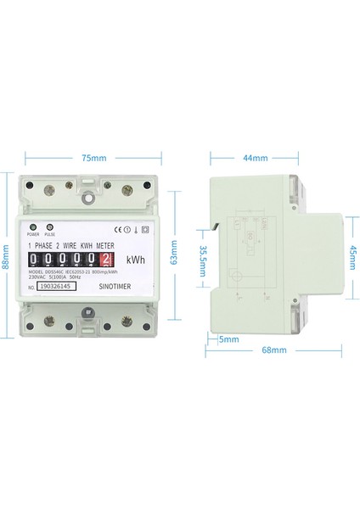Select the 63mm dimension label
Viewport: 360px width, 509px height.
coord(175,253)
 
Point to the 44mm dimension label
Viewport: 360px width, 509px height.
coord(256,158)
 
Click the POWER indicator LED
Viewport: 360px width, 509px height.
coord(33,228)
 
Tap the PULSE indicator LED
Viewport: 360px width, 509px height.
coord(50,228)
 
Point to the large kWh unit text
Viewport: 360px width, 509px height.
coord(135,260)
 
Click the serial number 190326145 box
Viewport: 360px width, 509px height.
coord(56,287)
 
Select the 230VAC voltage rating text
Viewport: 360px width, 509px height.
coord(39,277)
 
